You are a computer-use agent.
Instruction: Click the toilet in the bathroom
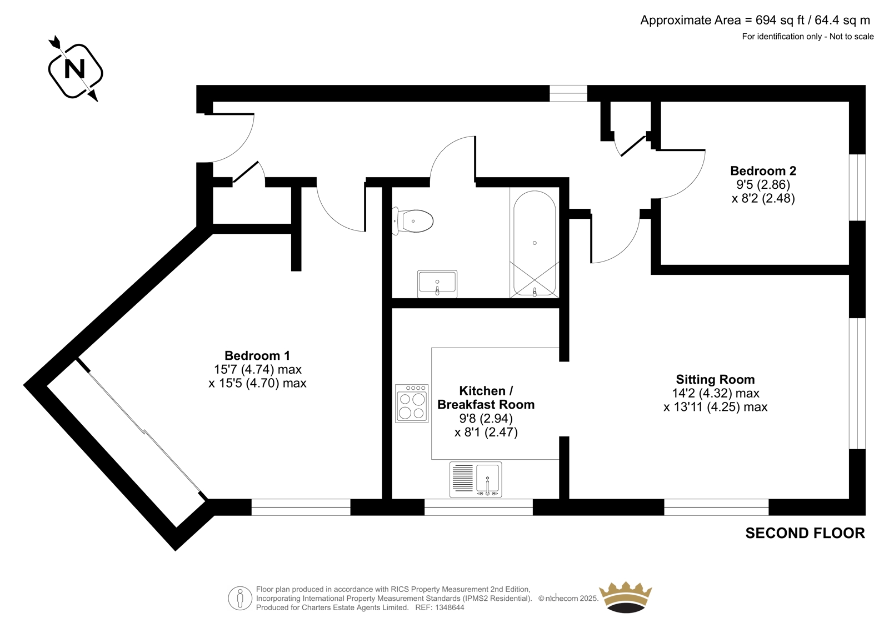(413, 221)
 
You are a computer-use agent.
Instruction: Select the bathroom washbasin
(437, 284)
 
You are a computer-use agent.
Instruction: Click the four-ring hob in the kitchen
(412, 403)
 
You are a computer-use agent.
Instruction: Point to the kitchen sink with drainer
(476, 479)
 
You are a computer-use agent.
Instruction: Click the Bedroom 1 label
(257, 355)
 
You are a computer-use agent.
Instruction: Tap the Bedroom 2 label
(763, 170)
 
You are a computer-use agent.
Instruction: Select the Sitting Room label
(715, 379)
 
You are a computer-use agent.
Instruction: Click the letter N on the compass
(74, 70)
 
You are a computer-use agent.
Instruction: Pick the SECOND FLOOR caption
(805, 533)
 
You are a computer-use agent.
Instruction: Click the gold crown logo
(626, 597)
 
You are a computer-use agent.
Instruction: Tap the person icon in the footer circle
(239, 598)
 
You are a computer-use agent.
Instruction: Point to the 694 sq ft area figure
(781, 20)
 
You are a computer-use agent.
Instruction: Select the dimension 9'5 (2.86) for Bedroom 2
(763, 184)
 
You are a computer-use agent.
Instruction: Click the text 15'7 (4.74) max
(258, 369)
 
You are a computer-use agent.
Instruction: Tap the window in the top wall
(568, 93)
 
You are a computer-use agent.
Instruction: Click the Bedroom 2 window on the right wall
(857, 187)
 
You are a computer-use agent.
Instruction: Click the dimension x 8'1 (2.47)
(486, 431)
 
